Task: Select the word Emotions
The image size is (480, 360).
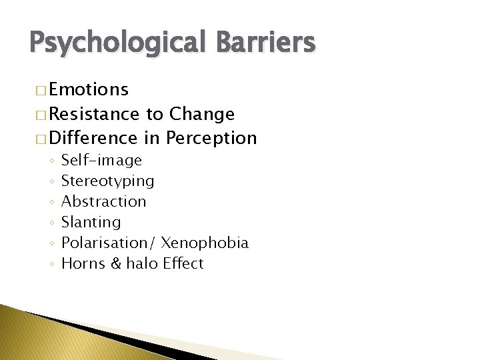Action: pyautogui.click(x=89, y=89)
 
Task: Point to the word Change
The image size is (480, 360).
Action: pyautogui.click(x=202, y=114)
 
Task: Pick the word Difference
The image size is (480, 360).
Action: pyautogui.click(x=93, y=138)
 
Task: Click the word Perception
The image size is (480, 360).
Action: pyautogui.click(x=211, y=138)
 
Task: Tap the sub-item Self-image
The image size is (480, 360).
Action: pyautogui.click(x=101, y=160)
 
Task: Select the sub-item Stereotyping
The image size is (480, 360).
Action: pyautogui.click(x=107, y=181)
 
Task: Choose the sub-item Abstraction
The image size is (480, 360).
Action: pyautogui.click(x=103, y=201)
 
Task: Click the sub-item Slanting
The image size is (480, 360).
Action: pyautogui.click(x=91, y=222)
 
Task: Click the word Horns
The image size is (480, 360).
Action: pyautogui.click(x=81, y=263)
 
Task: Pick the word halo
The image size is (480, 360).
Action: pyautogui.click(x=139, y=263)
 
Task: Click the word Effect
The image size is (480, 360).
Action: pyautogui.click(x=183, y=263)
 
